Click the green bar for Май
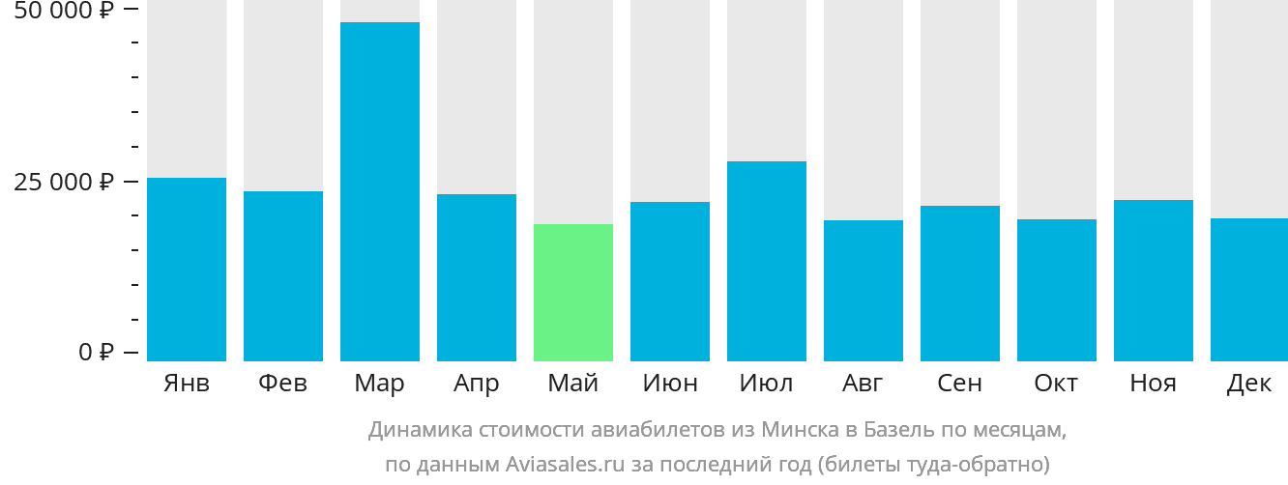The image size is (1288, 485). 573,292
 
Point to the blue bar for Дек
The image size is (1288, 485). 1249,289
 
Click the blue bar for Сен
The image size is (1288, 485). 960,283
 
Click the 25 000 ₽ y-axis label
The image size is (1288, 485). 64,182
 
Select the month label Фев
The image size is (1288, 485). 283,384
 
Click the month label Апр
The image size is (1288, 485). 477,385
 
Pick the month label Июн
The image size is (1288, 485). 670,384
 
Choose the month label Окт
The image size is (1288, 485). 1056,384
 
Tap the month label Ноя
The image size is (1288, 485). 1153,384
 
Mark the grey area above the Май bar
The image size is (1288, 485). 573,111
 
